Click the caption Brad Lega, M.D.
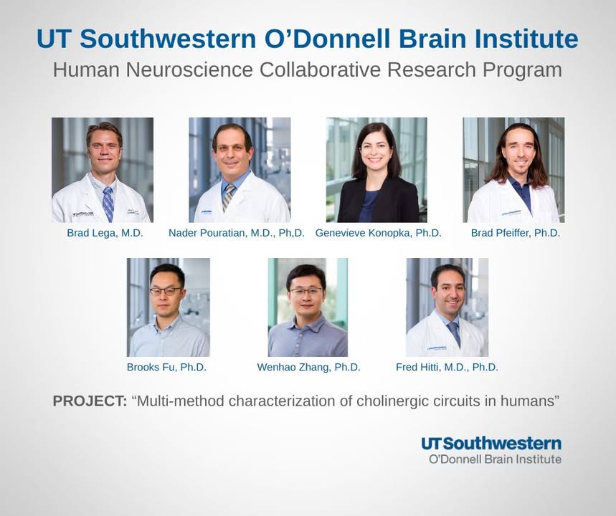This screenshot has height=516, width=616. point(105,233)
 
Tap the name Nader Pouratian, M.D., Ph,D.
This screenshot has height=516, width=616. point(237,233)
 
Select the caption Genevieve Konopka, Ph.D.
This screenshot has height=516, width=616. point(379,233)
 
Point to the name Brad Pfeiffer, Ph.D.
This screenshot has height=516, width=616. point(516,233)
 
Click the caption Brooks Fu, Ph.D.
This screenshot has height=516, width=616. point(166,367)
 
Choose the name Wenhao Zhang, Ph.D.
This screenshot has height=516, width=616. point(308,367)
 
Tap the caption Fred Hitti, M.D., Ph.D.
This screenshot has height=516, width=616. point(447,367)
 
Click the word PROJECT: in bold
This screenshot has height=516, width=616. point(90,401)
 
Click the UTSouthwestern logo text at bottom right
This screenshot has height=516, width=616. point(491,444)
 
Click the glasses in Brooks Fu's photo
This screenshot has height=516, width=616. point(166,291)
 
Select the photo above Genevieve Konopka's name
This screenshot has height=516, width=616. point(376,170)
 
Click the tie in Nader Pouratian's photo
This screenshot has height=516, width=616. point(229,197)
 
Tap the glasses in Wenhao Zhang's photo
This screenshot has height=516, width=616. point(307,291)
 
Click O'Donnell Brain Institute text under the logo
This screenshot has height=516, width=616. point(495,459)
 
